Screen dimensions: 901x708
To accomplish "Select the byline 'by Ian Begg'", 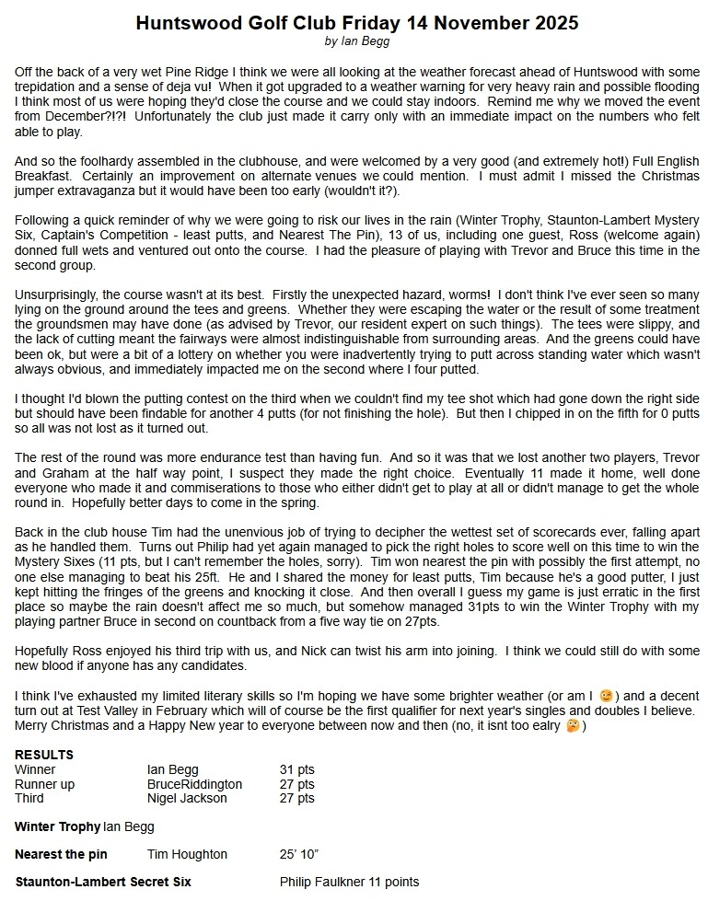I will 357,41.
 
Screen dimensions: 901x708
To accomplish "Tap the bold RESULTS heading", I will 44,755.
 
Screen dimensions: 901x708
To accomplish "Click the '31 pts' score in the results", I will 296,769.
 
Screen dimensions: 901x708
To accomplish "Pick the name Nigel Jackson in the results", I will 187,798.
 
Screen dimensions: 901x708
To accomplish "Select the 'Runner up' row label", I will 45,784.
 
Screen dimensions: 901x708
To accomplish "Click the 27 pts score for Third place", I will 296,798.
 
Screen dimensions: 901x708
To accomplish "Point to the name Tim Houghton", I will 187,854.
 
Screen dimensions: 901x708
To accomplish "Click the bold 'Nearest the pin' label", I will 61,854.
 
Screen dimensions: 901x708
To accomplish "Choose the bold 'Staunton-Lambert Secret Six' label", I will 103,882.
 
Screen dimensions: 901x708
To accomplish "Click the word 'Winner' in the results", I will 35,769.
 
